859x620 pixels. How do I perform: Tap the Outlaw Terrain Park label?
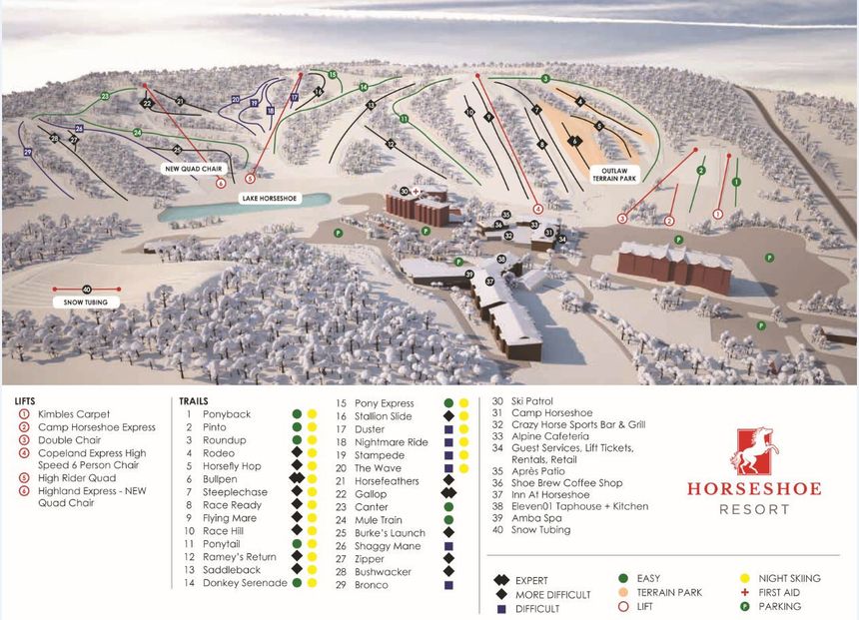click(612, 175)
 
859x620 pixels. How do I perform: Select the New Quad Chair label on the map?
click(192, 169)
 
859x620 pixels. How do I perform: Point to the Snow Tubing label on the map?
click(87, 302)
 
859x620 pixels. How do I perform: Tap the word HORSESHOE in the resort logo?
click(753, 488)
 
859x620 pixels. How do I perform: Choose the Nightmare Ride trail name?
click(391, 441)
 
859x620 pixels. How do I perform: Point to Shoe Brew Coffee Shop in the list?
click(567, 483)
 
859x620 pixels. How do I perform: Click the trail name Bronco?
click(372, 584)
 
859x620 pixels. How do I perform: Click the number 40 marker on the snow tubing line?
click(87, 290)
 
